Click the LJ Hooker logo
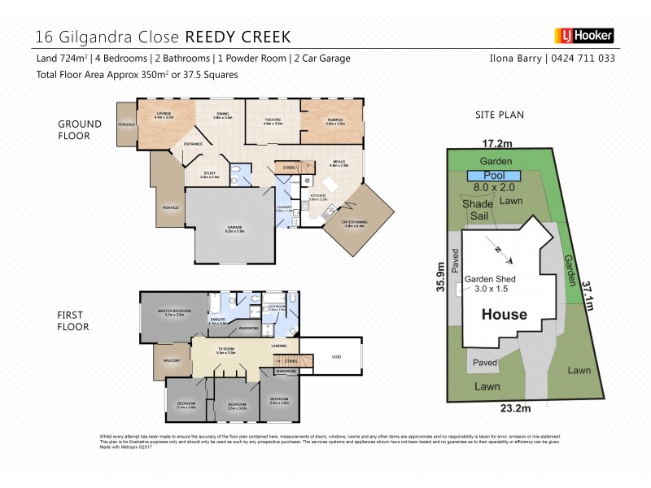(x=583, y=36)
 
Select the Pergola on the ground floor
(x=126, y=124)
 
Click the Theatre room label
(x=273, y=121)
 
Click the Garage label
(x=234, y=229)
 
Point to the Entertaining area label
(x=356, y=223)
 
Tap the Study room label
(x=210, y=174)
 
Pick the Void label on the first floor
(x=336, y=357)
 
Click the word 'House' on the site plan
(x=504, y=315)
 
